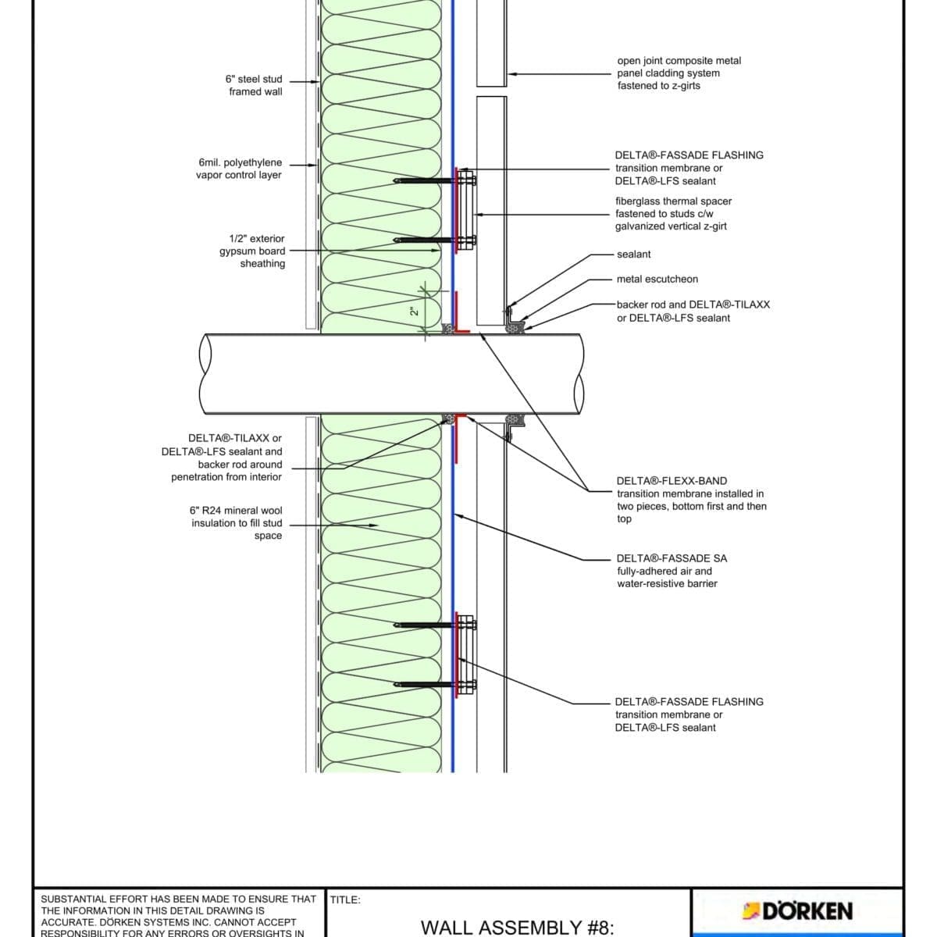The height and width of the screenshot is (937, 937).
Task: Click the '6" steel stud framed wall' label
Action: click(x=255, y=85)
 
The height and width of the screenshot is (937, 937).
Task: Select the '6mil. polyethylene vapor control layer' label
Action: click(x=239, y=169)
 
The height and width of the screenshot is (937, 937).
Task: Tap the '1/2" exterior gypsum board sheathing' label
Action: click(x=253, y=251)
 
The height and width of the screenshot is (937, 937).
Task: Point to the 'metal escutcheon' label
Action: click(x=657, y=279)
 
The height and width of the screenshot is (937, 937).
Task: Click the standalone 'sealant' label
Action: click(x=633, y=254)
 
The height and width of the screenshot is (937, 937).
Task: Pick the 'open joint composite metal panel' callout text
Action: click(x=679, y=73)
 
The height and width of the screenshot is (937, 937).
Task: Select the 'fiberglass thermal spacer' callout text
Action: click(x=673, y=213)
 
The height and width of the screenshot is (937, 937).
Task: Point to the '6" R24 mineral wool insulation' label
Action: click(x=237, y=522)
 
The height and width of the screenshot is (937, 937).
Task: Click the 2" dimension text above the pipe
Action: click(x=415, y=310)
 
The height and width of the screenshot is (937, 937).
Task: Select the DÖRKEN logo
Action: click(x=798, y=910)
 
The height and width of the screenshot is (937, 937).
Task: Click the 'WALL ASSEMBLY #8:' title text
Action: click(x=518, y=927)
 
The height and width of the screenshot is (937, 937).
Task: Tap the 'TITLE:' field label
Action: click(x=345, y=900)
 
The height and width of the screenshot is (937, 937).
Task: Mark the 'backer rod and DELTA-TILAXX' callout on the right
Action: click(x=693, y=311)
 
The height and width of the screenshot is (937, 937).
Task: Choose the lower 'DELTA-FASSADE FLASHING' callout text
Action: click(x=689, y=714)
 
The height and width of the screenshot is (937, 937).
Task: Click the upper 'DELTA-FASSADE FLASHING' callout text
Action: click(x=689, y=168)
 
